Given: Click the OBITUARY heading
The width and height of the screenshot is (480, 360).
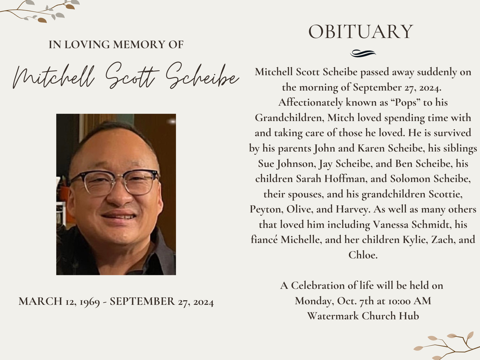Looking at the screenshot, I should pyautogui.click(x=360, y=32).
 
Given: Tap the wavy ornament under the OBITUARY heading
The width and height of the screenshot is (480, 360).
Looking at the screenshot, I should pyautogui.click(x=363, y=53).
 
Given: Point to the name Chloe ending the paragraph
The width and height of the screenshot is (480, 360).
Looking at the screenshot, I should pyautogui.click(x=362, y=255).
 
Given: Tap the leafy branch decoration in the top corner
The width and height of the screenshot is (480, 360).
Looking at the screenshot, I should pyautogui.click(x=41, y=11).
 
